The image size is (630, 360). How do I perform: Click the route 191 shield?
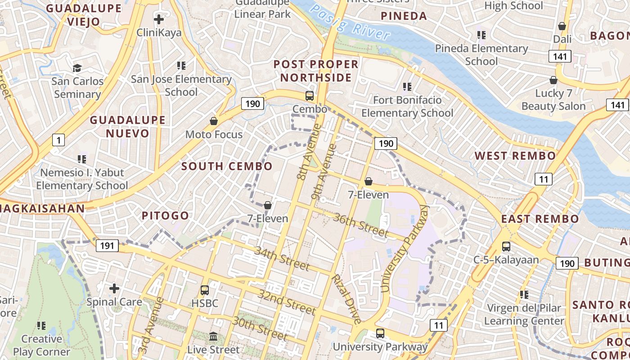(107, 246)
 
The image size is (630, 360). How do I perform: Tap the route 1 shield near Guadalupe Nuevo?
(58, 140)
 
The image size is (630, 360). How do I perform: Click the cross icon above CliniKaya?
(158, 19)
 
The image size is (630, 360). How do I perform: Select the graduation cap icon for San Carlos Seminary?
(77, 68)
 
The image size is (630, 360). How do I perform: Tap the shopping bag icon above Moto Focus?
(214, 121)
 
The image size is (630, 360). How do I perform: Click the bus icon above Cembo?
(310, 95)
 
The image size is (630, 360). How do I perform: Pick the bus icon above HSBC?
(205, 290)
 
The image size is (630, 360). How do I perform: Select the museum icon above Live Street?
(214, 336)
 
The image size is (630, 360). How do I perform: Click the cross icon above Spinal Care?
(114, 288)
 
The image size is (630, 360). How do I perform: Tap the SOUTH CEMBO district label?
(227, 166)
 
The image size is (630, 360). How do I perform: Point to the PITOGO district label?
(165, 216)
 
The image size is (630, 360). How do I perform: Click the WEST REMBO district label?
(515, 156)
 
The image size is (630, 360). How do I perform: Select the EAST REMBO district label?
(540, 219)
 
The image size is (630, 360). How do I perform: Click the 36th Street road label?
(360, 224)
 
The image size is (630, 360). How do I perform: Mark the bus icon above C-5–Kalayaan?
(506, 246)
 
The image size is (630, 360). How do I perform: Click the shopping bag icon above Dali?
(562, 26)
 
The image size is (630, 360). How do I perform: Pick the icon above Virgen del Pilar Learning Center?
(524, 295)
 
